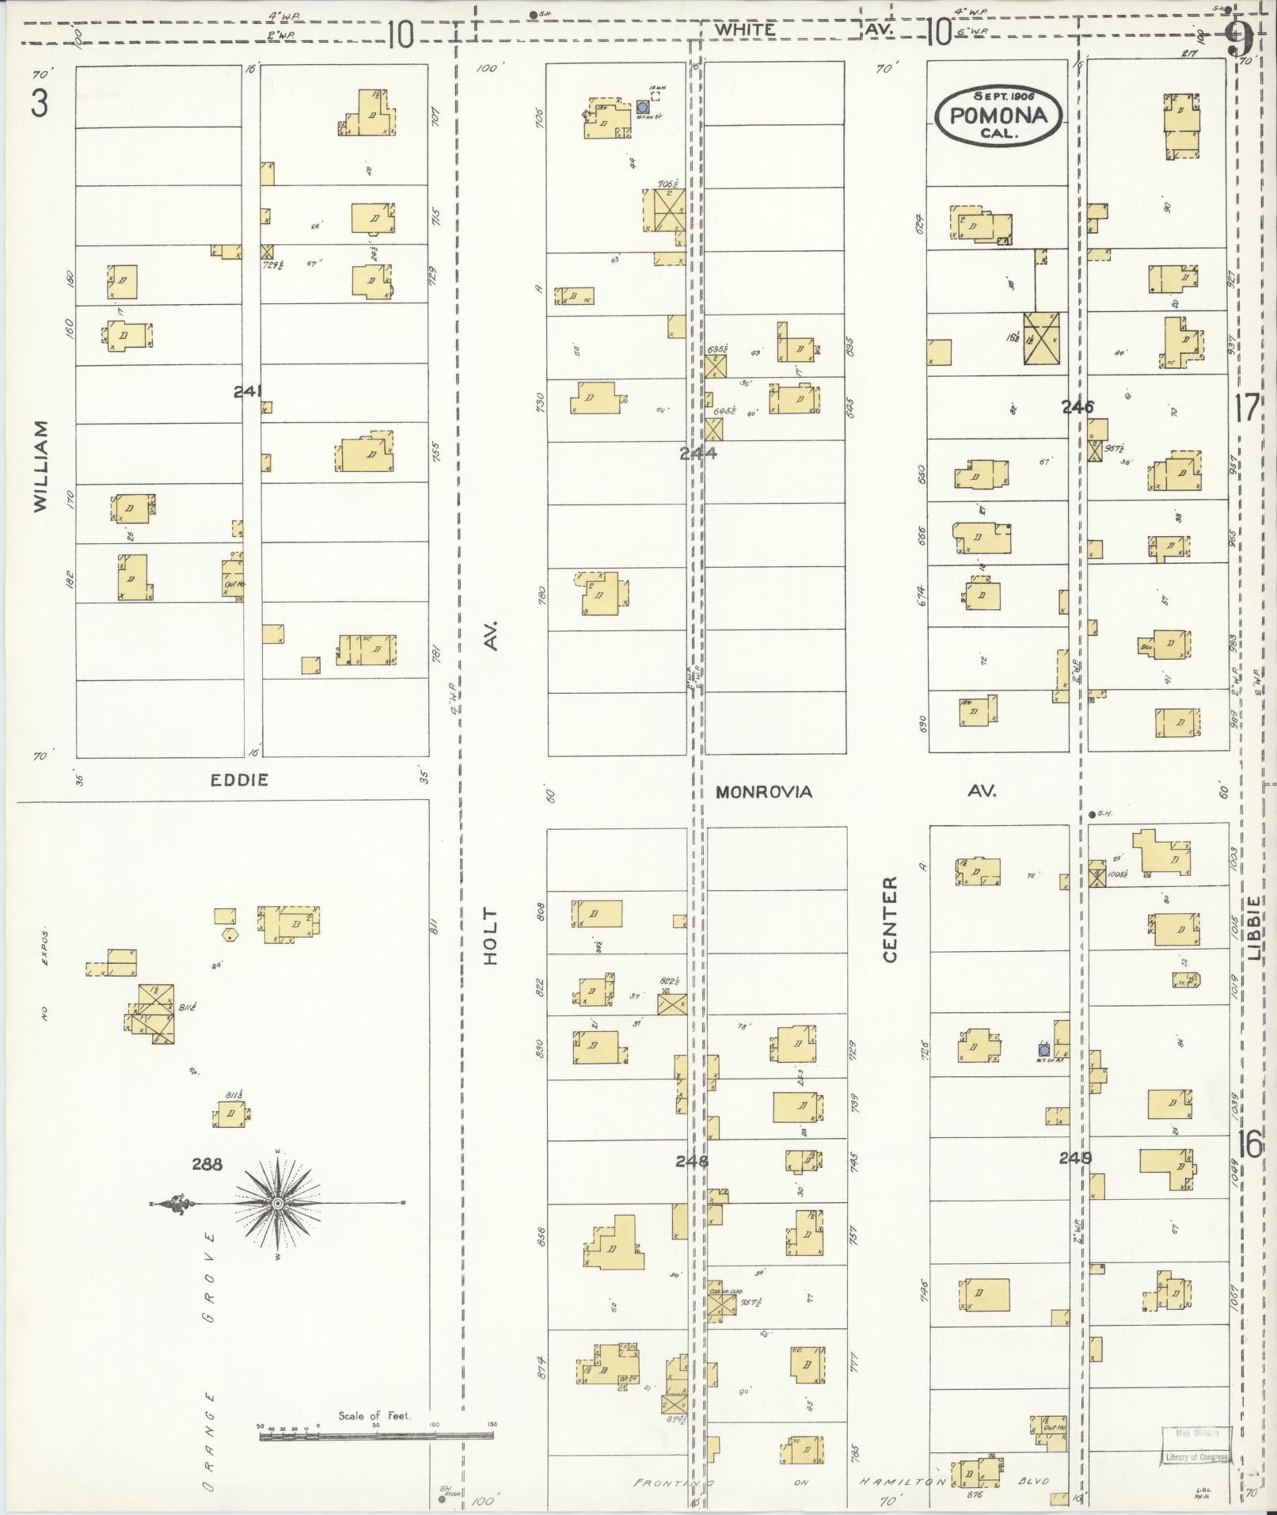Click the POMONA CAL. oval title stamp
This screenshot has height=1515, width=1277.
click(998, 116)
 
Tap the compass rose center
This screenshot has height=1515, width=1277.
click(278, 1205)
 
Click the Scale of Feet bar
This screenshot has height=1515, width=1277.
click(376, 1435)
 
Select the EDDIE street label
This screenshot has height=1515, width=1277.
click(239, 780)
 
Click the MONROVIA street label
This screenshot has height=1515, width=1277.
click(764, 792)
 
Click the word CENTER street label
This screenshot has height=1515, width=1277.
click(890, 919)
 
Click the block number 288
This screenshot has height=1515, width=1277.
click(207, 1164)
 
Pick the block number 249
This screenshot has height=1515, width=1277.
click(1075, 1158)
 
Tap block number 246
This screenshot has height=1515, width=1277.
click(1077, 407)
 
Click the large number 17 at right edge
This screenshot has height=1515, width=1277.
click(1246, 409)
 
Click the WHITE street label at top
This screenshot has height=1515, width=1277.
click(743, 29)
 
